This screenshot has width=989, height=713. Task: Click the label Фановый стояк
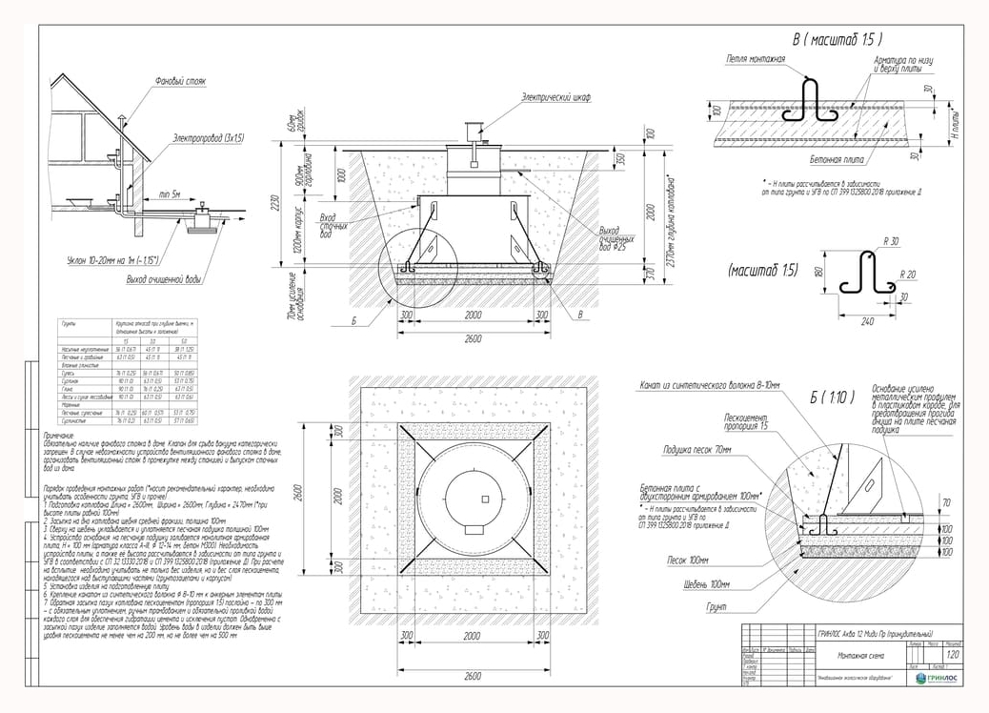pos(181,82)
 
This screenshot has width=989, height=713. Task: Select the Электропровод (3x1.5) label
pos(208,138)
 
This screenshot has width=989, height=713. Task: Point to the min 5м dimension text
pos(172,194)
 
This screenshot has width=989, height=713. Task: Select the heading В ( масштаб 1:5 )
pos(837,40)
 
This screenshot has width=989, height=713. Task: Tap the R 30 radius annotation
pos(890,241)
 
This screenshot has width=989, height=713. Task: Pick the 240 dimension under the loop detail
pos(867,322)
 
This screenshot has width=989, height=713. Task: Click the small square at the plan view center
pos(485,499)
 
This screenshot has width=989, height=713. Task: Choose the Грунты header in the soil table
pos(69,323)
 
